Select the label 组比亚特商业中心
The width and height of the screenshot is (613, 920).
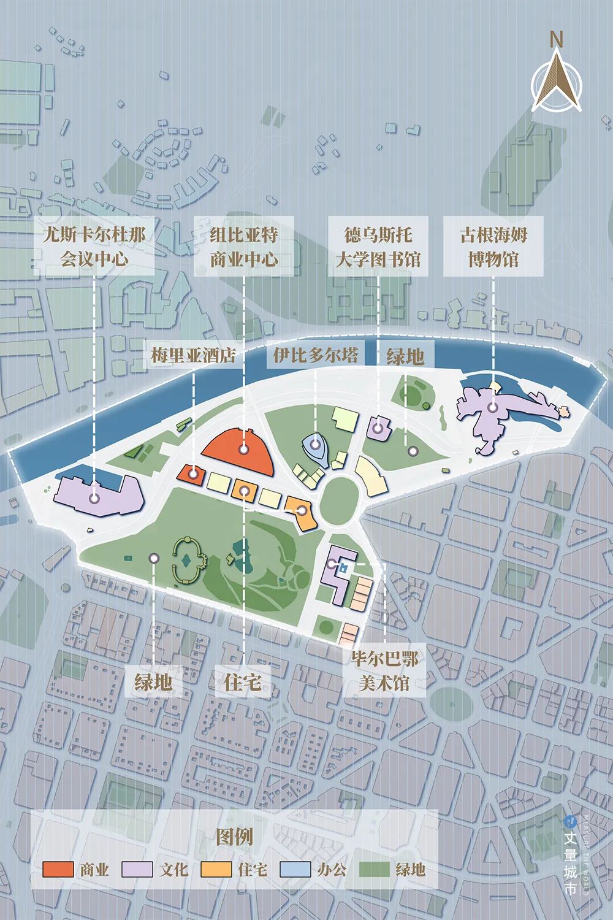click(x=243, y=247)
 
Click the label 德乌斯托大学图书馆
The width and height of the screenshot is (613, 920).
click(x=378, y=247)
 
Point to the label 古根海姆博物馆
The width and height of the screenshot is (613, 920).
click(x=493, y=247)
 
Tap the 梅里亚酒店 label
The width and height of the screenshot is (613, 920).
click(x=193, y=356)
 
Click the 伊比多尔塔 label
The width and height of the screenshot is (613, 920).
click(x=316, y=356)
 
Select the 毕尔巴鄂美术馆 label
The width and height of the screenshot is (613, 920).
click(x=384, y=671)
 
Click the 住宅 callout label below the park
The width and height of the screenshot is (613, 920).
click(x=243, y=681)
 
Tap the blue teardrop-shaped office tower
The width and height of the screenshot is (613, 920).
click(x=314, y=447)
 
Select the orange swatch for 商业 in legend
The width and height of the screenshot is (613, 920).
click(x=58, y=870)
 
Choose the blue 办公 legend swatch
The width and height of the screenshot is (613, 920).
click(x=294, y=870)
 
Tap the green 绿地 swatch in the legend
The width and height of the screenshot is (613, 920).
click(x=373, y=870)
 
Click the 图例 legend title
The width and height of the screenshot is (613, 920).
click(x=234, y=837)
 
